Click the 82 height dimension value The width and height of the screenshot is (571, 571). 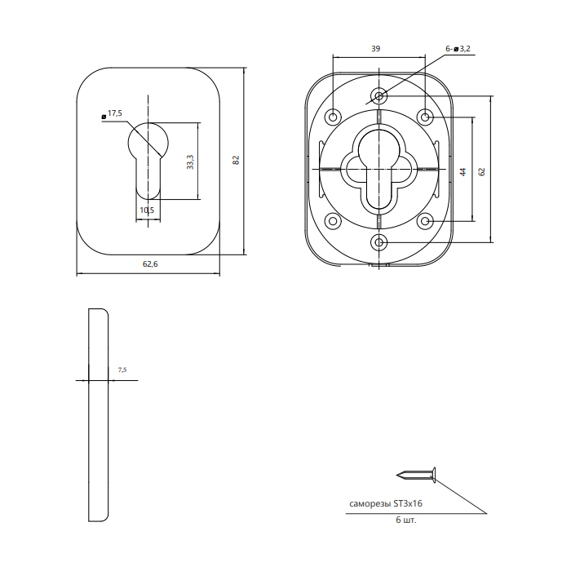click(x=236, y=160)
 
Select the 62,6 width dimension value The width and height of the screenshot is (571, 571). click(x=150, y=264)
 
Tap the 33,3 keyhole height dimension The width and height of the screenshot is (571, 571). click(x=190, y=162)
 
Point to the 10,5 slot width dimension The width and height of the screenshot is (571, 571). click(x=147, y=210)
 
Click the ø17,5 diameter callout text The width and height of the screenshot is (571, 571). click(x=112, y=113)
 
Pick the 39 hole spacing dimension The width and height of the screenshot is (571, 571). click(x=376, y=48)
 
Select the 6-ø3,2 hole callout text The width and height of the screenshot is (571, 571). click(x=458, y=49)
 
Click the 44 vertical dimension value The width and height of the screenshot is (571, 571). click(x=463, y=172)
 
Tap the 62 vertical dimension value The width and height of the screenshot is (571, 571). click(x=482, y=172)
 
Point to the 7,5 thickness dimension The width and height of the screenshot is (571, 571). click(x=122, y=370)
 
